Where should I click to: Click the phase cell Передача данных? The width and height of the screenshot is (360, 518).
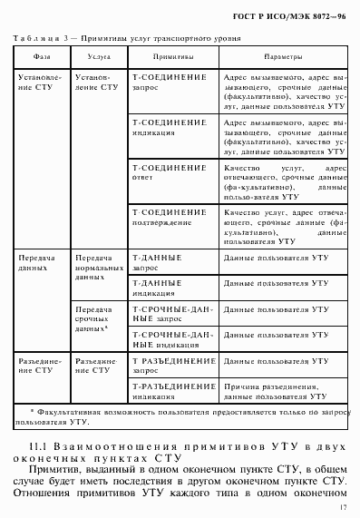(40, 263)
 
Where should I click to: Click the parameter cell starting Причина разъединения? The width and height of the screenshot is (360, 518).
(280, 391)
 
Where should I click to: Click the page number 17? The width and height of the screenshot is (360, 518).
(345, 508)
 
